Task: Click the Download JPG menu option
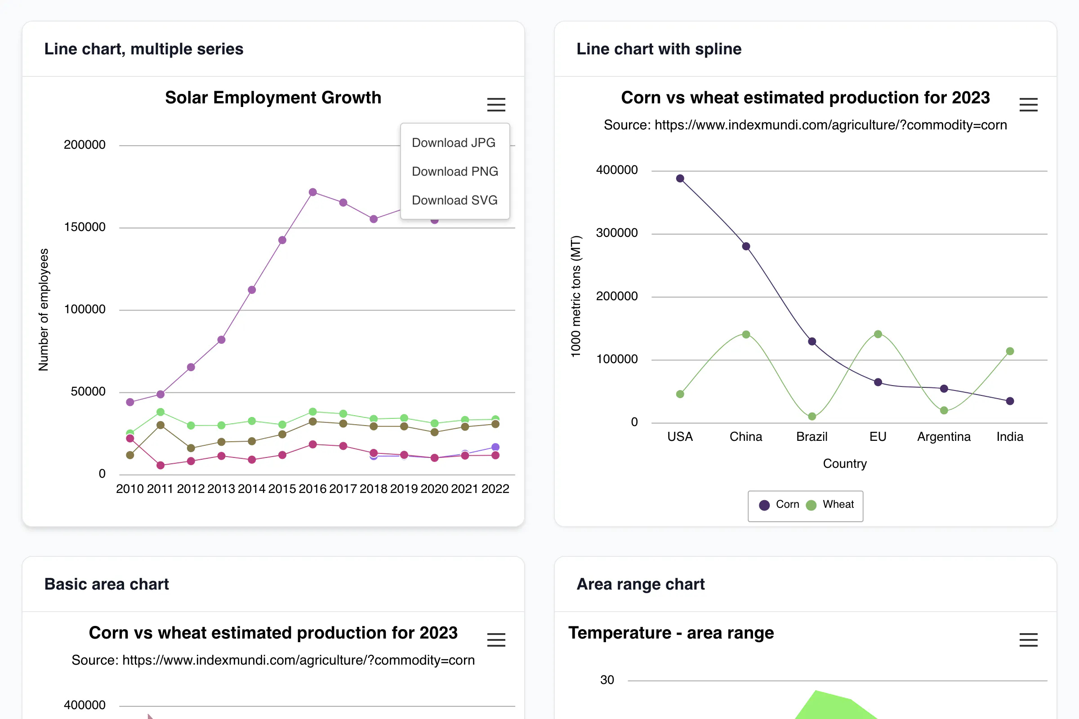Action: (453, 142)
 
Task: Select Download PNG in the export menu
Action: (455, 172)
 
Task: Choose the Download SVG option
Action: (455, 200)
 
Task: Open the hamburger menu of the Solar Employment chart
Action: (496, 105)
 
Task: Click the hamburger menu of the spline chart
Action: (1028, 105)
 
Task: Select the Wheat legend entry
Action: (830, 504)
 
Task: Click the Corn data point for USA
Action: (680, 178)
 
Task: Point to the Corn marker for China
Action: (746, 246)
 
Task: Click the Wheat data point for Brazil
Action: (812, 417)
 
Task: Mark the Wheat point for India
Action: (1010, 351)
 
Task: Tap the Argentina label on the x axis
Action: (944, 436)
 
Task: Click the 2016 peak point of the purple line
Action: (313, 192)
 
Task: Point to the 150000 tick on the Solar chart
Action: (85, 227)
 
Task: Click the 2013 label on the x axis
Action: (221, 489)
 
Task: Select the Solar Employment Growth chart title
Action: (273, 98)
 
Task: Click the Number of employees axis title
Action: (43, 310)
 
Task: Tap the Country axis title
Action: (845, 464)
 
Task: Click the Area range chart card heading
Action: (640, 584)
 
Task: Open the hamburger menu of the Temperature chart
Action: (1028, 639)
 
